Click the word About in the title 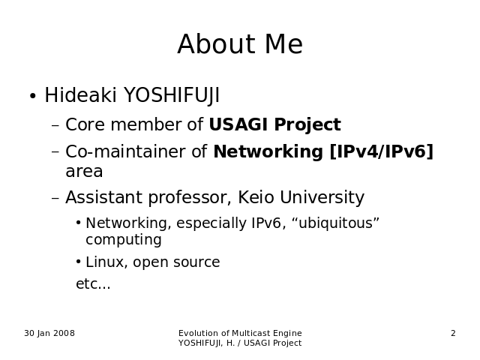coord(216,44)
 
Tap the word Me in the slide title coord(283,44)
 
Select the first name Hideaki coord(80,95)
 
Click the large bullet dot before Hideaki coord(33,96)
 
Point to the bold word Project coord(307,125)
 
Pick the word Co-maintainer coord(125,151)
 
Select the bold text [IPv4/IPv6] coord(382,151)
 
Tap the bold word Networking coord(268,152)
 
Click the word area coord(84,172)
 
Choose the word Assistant coord(103,197)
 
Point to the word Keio coord(256,197)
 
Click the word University coord(322,198)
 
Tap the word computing coord(124,240)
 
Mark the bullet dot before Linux coord(79,262)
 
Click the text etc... coord(93,283)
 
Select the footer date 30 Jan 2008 coord(49,333)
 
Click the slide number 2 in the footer coord(453,333)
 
